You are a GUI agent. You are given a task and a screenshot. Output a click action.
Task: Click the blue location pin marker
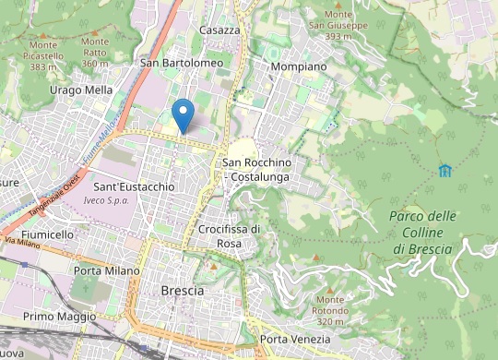pyautogui.click(x=184, y=114)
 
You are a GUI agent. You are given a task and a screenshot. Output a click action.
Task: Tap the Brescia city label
pyautogui.click(x=183, y=290)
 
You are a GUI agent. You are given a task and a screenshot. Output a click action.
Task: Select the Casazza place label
pyautogui.click(x=219, y=30)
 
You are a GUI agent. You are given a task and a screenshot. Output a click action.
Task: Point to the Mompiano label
pyautogui.click(x=299, y=67)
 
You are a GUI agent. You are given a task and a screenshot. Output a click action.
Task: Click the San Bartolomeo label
pyautogui.click(x=181, y=63)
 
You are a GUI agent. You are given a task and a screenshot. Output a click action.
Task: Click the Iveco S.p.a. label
pyautogui.click(x=106, y=199)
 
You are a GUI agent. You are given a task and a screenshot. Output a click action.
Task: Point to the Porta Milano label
pyautogui.click(x=107, y=270)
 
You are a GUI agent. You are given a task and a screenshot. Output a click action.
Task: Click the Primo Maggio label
pyautogui.click(x=59, y=317)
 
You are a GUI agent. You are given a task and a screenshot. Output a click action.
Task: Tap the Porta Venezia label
pyautogui.click(x=294, y=340)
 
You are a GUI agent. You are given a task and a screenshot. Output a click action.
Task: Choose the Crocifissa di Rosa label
pyautogui.click(x=230, y=235)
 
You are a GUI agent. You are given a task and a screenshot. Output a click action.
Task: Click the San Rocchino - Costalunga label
pyautogui.click(x=257, y=169)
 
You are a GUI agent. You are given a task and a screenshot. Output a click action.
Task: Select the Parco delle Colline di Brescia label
pyautogui.click(x=423, y=233)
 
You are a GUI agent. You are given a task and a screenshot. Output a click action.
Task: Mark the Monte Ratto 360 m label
pyautogui.click(x=95, y=53)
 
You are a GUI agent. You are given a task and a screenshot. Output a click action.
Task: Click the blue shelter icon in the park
pyautogui.click(x=445, y=170)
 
